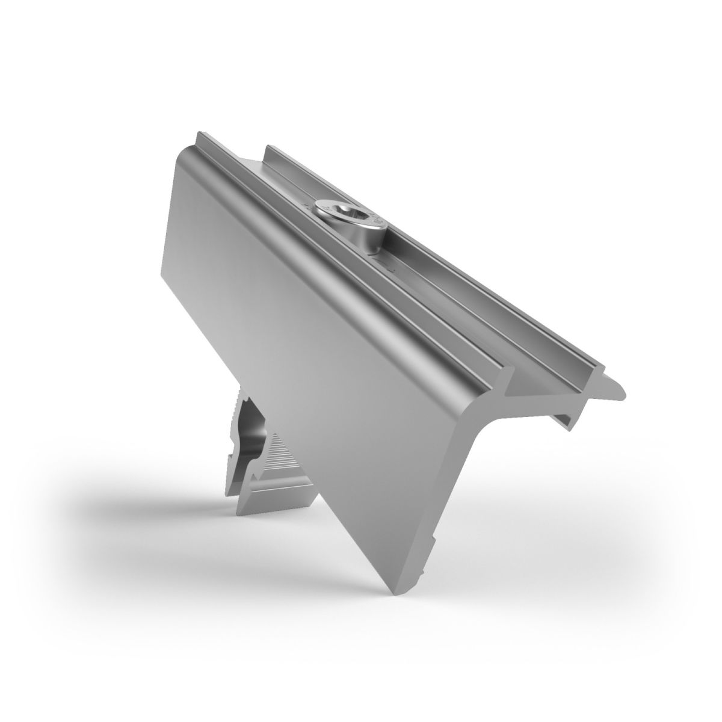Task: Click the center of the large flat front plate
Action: click(301, 337)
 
